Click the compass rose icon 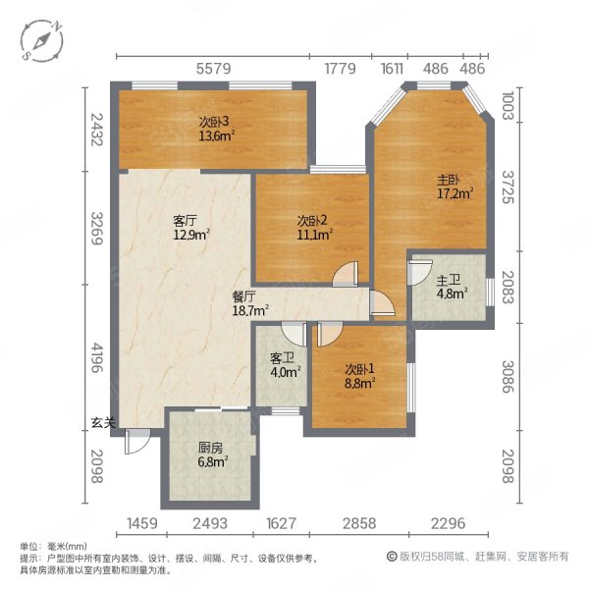(x=41, y=40)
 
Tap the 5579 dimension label (x=214, y=69)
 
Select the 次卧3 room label (x=214, y=122)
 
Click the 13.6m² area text (x=217, y=135)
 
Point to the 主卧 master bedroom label (x=449, y=181)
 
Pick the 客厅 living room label (x=185, y=221)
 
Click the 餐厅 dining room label (x=243, y=296)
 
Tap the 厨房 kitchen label (x=210, y=448)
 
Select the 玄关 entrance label (x=103, y=423)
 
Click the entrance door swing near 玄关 (x=137, y=441)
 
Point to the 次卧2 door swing (x=346, y=274)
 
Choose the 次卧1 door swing (x=330, y=334)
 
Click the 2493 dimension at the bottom (x=210, y=523)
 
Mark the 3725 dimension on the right (x=508, y=187)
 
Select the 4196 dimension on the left (x=97, y=357)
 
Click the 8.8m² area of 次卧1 (x=360, y=384)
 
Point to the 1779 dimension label (x=340, y=69)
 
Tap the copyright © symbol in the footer (x=392, y=557)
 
